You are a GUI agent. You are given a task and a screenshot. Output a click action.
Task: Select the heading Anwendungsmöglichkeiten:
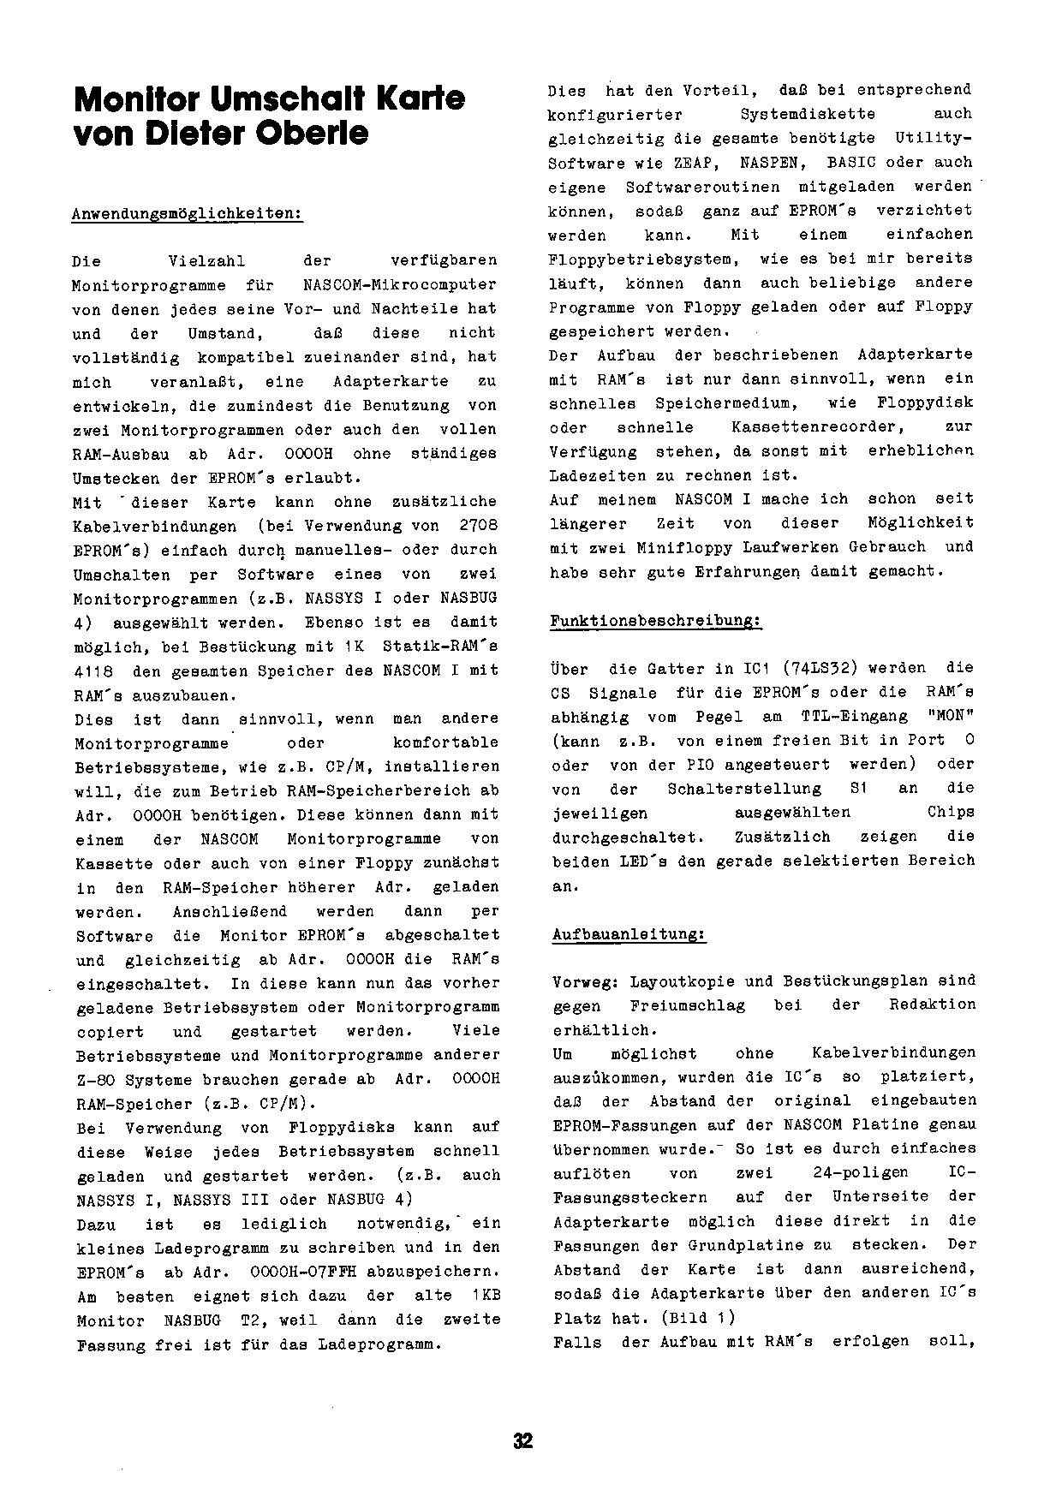coord(188,213)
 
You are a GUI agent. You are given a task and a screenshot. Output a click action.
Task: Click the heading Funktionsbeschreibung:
coord(655,621)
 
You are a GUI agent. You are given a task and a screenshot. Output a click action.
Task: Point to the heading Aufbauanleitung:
coord(629,934)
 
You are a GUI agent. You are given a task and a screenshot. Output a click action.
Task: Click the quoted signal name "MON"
coord(948,717)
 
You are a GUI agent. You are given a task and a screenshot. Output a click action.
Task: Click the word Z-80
coord(96,1080)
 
